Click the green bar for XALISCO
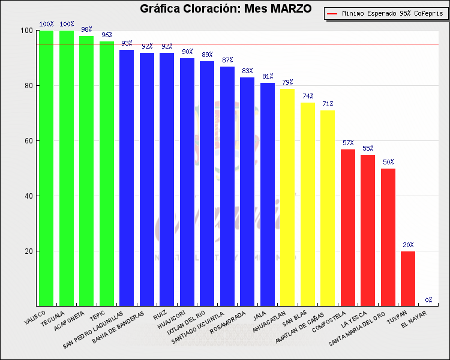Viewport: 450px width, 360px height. tap(46, 168)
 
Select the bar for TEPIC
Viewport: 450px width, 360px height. tap(107, 173)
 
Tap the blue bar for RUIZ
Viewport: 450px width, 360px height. tap(167, 179)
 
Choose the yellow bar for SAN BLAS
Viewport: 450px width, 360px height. tap(308, 204)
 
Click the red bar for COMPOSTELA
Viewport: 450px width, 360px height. tap(348, 227)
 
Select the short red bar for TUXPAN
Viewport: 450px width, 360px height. tap(408, 278)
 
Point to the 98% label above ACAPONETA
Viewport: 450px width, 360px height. tap(86, 29)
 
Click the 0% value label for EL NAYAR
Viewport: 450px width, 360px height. tap(428, 300)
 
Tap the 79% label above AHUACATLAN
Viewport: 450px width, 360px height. tap(287, 82)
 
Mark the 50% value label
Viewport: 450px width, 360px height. tap(388, 162)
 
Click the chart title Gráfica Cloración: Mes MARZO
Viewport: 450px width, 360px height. tap(226, 9)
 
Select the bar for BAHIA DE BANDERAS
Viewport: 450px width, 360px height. tap(147, 179)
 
